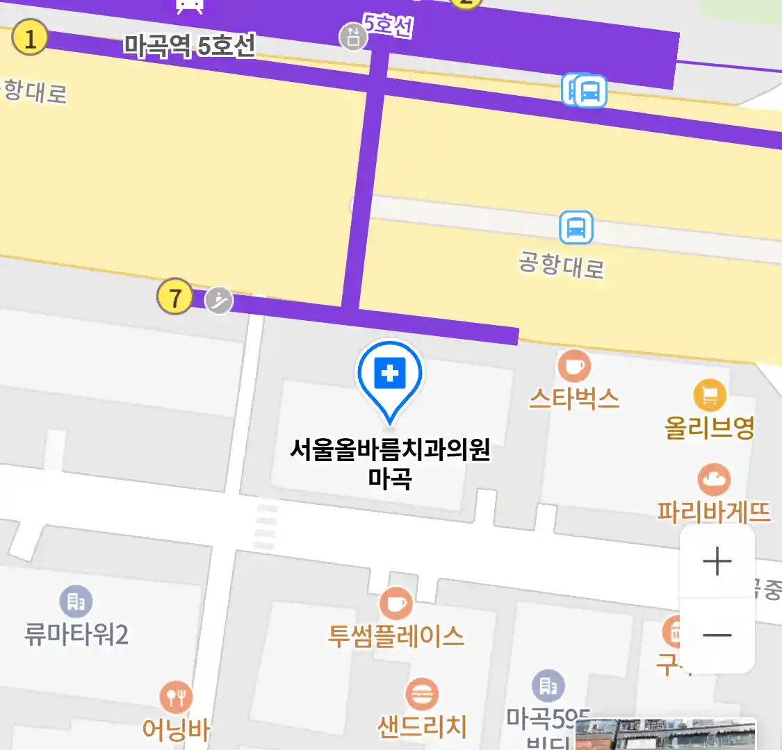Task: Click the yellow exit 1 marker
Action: (29, 38)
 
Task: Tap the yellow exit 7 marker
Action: (174, 297)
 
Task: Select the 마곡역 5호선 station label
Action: (189, 46)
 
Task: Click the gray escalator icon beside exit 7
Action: (219, 301)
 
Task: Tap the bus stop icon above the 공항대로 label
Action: (576, 227)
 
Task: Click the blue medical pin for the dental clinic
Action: (390, 376)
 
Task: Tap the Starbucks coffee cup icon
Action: (574, 365)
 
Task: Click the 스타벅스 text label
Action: (574, 399)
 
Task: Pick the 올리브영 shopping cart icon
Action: (710, 396)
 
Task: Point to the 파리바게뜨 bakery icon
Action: (714, 480)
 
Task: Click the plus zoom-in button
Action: (717, 561)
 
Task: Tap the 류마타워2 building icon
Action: (76, 601)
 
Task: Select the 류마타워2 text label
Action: (76, 635)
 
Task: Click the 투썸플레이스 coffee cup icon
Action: (396, 603)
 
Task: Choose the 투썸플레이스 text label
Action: (396, 636)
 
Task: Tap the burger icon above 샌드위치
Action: (421, 694)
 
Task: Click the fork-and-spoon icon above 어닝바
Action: (176, 697)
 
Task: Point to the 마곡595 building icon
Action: (548, 686)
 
